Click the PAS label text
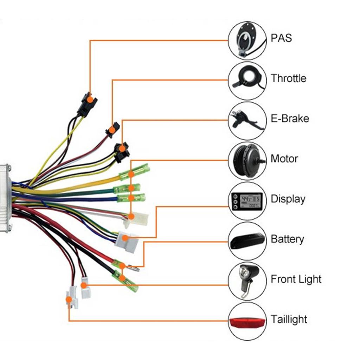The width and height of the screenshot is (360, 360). tap(281, 38)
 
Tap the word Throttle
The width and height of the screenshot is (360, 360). tap(288, 78)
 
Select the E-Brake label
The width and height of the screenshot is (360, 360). tap(290, 118)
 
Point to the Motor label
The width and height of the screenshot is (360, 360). tap(284, 159)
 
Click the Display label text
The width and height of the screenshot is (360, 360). tap(288, 199)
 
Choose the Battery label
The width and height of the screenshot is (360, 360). tap(287, 239)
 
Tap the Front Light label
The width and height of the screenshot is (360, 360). tap(296, 279)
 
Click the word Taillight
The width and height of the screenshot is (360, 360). tap(289, 320)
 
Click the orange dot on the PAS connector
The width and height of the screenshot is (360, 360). tap(90, 99)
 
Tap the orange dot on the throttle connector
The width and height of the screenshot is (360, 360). tap(112, 130)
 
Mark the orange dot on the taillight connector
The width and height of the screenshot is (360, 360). tap(69, 300)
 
